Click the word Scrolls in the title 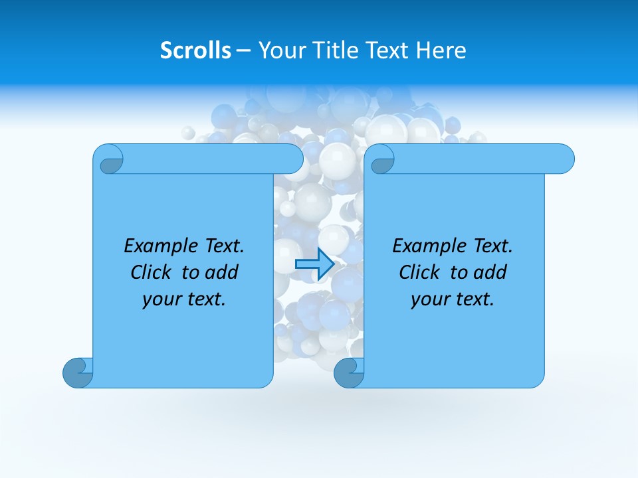coord(196,50)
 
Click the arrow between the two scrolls coord(314,264)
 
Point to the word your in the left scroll coord(161,299)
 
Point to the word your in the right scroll coord(429,299)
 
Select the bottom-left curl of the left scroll coord(78,373)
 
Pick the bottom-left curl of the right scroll coord(349,373)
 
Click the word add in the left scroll coord(223,272)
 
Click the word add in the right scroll coord(491,272)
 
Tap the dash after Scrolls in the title coord(244,50)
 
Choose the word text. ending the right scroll coord(475,299)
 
